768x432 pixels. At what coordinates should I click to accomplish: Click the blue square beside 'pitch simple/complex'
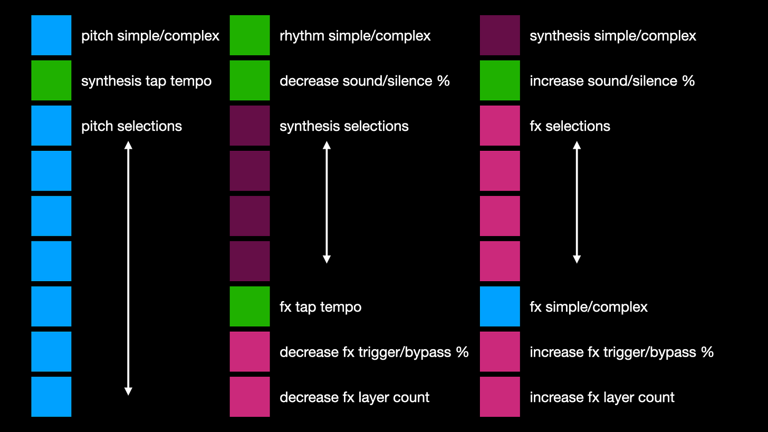(x=51, y=35)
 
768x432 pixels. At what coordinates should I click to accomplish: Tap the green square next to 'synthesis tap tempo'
(x=51, y=80)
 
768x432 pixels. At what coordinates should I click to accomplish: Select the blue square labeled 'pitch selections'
(x=51, y=126)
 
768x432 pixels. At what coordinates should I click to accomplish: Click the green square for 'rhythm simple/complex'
(x=249, y=35)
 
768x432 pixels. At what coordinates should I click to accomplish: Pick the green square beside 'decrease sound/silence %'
(x=249, y=80)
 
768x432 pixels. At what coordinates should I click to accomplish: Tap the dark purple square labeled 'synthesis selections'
(x=249, y=126)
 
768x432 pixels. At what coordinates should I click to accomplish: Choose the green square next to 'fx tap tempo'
(x=249, y=306)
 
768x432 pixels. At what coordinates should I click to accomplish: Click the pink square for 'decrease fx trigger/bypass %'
(x=249, y=351)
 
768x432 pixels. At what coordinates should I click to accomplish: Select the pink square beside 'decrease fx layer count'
(x=249, y=397)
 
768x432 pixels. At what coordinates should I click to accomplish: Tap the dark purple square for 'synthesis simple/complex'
(x=500, y=35)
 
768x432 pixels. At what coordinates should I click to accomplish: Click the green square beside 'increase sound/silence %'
(x=500, y=80)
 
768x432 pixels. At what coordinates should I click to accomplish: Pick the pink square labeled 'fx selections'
(x=500, y=126)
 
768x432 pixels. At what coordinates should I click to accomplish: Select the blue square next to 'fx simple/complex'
(x=500, y=306)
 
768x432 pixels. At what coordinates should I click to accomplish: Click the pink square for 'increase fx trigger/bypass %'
(x=500, y=351)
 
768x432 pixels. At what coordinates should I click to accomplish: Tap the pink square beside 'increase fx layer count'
(x=500, y=397)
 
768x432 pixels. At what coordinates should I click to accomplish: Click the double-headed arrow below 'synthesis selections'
(x=327, y=202)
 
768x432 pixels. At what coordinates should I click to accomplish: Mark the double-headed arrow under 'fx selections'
(x=577, y=202)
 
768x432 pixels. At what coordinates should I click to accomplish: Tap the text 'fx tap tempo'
(x=320, y=307)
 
